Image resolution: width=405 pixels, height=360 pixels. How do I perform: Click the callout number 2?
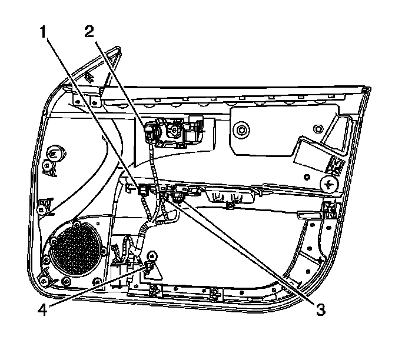89,32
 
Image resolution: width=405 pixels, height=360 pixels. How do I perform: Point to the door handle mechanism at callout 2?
172,132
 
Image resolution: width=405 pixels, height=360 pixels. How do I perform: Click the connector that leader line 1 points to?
142,189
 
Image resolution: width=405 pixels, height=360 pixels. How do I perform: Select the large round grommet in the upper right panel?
240,128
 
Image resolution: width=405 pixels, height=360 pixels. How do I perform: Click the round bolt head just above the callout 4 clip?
152,256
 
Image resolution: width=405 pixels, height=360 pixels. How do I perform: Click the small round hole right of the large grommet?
318,127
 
